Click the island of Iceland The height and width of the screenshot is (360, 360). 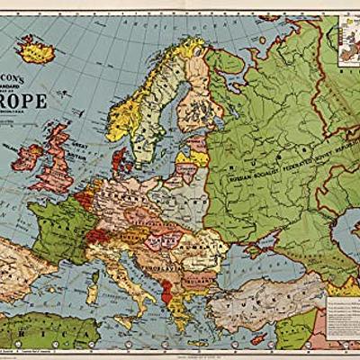click(37, 45)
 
